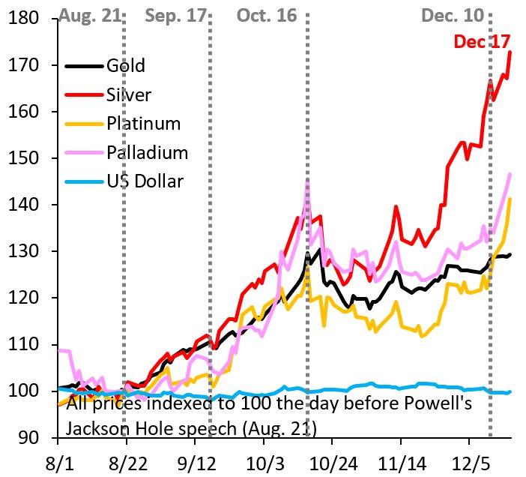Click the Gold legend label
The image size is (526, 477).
coord(125,65)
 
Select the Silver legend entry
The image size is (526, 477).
coord(129,94)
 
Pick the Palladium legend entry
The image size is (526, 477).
coord(147,152)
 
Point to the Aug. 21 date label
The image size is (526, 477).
coord(89,15)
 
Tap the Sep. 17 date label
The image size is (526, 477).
coord(176,15)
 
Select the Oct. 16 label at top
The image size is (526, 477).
coord(267,15)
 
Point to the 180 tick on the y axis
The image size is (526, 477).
coord(25,19)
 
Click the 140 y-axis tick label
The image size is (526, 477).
coord(25,205)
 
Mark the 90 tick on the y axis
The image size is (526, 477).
coord(30,437)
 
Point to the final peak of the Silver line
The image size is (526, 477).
coord(510,52)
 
